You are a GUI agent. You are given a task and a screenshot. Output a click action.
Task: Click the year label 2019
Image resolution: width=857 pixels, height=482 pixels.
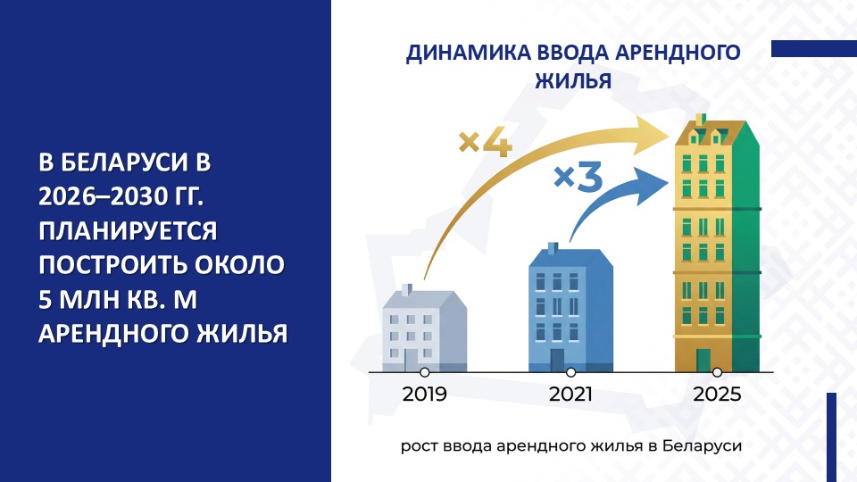[424, 394]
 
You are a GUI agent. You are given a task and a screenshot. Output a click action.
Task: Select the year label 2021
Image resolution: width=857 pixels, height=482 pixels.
[570, 394]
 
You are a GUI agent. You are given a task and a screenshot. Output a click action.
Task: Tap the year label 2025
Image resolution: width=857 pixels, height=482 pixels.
[716, 394]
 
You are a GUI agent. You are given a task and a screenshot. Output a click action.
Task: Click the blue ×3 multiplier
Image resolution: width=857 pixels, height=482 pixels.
[578, 176]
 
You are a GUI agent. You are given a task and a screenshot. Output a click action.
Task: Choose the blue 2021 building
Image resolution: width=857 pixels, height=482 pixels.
[570, 308]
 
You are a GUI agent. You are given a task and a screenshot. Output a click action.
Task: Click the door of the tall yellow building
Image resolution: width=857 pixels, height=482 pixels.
[703, 360]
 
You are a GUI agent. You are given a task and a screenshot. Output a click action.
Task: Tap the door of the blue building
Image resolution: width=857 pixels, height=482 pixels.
[557, 361]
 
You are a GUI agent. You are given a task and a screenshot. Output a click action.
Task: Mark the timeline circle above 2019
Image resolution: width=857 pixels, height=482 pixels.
[425, 372]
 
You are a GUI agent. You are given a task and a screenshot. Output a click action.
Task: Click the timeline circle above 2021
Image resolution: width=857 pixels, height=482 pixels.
[570, 372]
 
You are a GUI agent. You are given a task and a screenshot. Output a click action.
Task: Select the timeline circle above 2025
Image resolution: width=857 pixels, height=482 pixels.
[717, 372]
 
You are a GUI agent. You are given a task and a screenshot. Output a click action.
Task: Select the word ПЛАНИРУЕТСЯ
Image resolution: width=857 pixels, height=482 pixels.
[129, 231]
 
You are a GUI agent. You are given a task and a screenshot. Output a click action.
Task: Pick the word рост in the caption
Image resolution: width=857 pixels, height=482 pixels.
[419, 445]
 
